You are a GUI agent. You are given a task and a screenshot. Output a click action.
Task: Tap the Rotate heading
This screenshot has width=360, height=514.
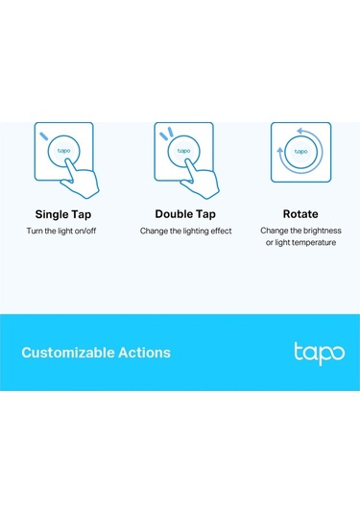[x=300, y=213]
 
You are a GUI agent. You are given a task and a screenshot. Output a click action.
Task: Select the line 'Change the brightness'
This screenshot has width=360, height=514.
[x=300, y=232]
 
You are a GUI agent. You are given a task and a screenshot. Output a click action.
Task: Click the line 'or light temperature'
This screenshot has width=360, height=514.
[x=300, y=243]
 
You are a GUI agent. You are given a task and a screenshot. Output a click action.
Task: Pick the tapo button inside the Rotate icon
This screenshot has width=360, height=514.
[x=300, y=152]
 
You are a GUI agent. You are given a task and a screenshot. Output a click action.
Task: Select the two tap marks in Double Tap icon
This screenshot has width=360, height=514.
[x=164, y=134]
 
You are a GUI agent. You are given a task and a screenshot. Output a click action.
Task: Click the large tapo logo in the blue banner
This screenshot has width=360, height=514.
[x=318, y=352]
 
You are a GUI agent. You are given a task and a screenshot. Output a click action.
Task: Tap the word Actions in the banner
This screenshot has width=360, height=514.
[x=145, y=353]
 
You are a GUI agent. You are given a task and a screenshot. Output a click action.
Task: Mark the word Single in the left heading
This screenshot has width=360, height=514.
[x=51, y=213]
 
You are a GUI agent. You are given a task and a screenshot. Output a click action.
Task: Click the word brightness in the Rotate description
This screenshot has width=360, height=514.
[x=320, y=232]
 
